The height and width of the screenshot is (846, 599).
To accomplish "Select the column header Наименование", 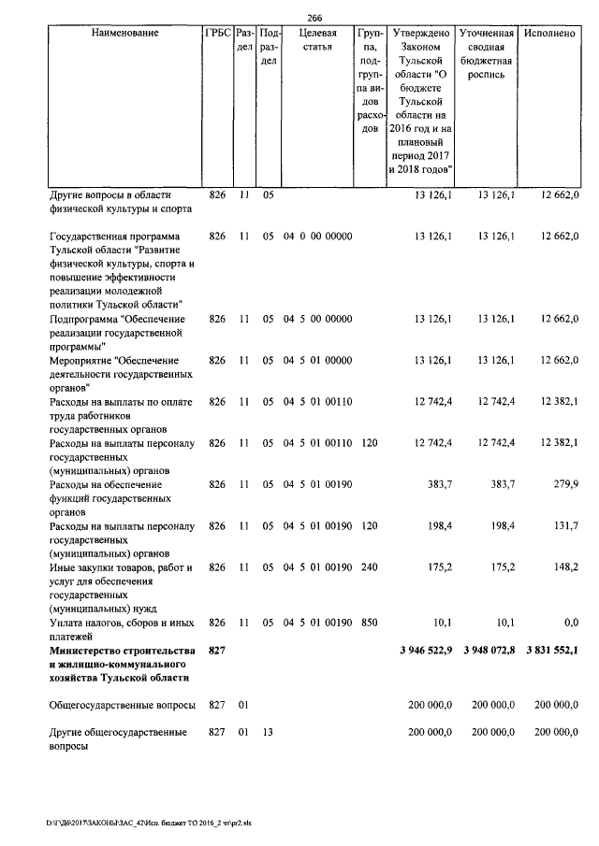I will point(124,33).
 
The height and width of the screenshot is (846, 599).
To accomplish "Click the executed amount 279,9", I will point(566,485).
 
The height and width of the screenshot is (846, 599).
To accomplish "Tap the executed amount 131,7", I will point(566,526).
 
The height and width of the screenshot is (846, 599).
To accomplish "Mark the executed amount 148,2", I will point(566,567).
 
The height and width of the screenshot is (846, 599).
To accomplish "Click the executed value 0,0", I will point(570,623).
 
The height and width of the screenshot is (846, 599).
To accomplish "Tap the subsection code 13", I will point(267,733).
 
